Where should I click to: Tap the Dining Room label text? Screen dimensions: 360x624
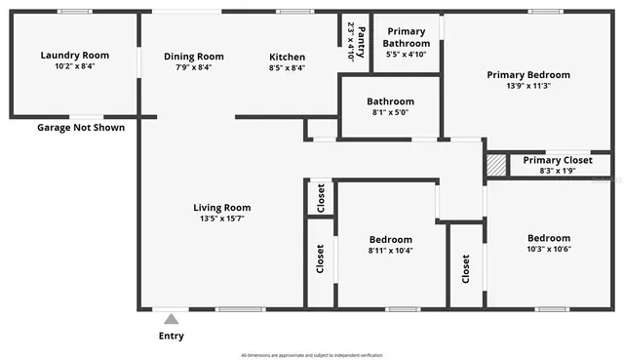(x=193, y=57)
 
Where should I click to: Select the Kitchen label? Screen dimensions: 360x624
(x=287, y=57)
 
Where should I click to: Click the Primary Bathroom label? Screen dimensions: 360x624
(x=407, y=38)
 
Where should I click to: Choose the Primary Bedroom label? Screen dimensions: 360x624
(x=528, y=74)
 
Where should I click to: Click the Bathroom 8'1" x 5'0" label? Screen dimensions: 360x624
(x=390, y=101)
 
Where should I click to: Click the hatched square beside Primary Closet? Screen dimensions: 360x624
(x=497, y=164)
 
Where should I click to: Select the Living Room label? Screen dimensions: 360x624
(x=221, y=207)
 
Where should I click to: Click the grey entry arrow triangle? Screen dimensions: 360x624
(x=171, y=318)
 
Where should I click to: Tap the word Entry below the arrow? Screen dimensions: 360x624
(x=171, y=337)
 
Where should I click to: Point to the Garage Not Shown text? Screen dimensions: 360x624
(x=81, y=127)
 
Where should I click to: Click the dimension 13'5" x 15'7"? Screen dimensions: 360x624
(x=221, y=219)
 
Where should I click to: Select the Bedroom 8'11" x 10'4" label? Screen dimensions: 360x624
(x=390, y=239)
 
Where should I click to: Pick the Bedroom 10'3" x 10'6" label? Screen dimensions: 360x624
(x=549, y=238)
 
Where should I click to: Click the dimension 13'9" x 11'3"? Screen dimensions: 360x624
(x=528, y=86)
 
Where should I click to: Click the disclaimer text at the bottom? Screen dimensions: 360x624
(x=311, y=354)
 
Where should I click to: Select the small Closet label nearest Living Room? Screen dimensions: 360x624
(x=321, y=198)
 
